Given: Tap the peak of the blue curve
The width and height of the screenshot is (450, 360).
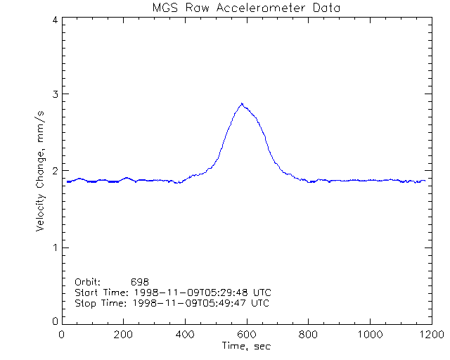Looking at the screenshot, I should (x=242, y=104).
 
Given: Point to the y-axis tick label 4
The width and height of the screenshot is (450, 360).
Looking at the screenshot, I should (x=55, y=20).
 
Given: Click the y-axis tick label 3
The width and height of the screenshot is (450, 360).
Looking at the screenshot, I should (x=55, y=95).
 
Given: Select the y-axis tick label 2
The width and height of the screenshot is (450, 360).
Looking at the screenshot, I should (x=55, y=171).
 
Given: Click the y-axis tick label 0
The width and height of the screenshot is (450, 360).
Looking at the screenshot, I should (x=55, y=322).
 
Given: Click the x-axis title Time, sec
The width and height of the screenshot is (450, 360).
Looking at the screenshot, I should (x=245, y=347).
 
